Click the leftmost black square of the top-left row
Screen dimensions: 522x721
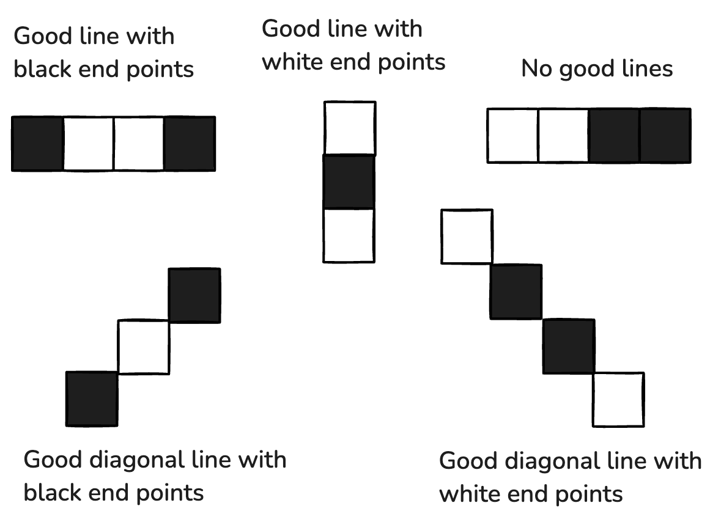pyautogui.click(x=37, y=144)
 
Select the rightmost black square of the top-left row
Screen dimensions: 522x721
pyautogui.click(x=190, y=144)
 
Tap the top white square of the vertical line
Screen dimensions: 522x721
pyautogui.click(x=349, y=128)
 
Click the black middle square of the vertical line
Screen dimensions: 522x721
pyautogui.click(x=349, y=182)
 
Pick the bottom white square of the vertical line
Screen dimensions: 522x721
pyautogui.click(x=349, y=235)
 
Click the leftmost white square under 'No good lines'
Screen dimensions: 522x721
pyautogui.click(x=512, y=136)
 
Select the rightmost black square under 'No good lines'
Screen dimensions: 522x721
pyautogui.click(x=665, y=136)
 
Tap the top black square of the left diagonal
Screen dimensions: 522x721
pyautogui.click(x=194, y=295)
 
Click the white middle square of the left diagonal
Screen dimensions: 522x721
pyautogui.click(x=144, y=347)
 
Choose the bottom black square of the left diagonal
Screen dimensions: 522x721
pyautogui.click(x=92, y=399)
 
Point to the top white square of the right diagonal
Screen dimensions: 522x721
pyautogui.click(x=467, y=237)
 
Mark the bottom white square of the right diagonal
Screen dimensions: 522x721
pyautogui.click(x=618, y=400)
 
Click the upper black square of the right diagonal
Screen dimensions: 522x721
pyautogui.click(x=516, y=292)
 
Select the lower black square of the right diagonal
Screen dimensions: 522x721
pyautogui.click(x=569, y=346)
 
